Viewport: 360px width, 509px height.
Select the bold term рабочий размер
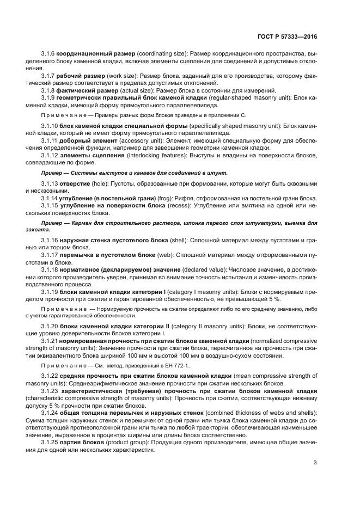[x=84, y=75]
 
